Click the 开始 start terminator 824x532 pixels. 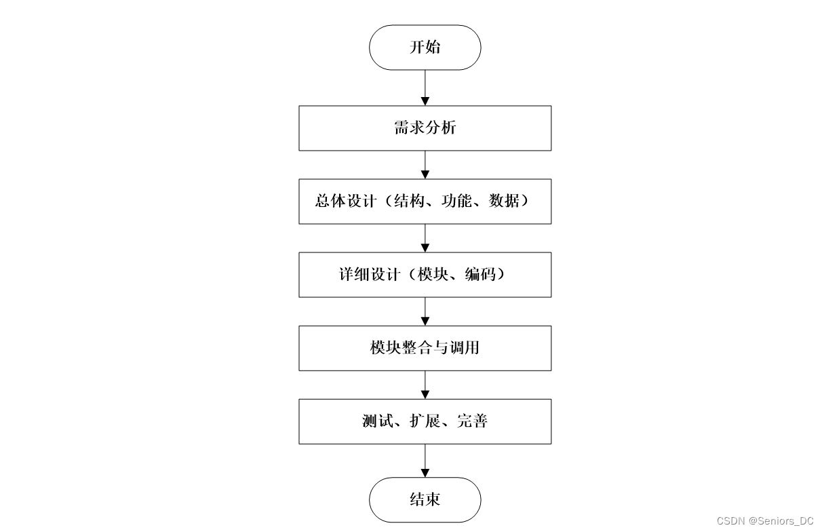[425, 47]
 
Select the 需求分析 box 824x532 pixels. [425, 128]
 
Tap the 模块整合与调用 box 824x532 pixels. [425, 348]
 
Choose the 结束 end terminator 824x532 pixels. [425, 499]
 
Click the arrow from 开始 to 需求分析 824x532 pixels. [425, 88]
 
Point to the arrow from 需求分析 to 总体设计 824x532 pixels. [425, 165]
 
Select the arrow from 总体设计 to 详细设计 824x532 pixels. [425, 238]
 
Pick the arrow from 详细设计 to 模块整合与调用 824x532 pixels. [425, 311]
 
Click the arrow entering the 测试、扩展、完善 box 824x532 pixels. [425, 385]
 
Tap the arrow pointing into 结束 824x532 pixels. [425, 461]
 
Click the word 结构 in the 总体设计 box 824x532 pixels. [409, 201]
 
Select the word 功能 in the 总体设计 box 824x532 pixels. [456, 201]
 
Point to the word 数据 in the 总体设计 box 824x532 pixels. [504, 201]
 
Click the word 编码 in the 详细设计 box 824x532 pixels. [480, 274]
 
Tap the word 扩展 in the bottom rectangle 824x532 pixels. [425, 421]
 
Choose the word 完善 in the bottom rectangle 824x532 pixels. [472, 421]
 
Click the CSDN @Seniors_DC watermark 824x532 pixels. [765, 521]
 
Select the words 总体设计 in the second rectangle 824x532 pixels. [346, 201]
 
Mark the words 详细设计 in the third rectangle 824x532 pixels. [370, 274]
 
